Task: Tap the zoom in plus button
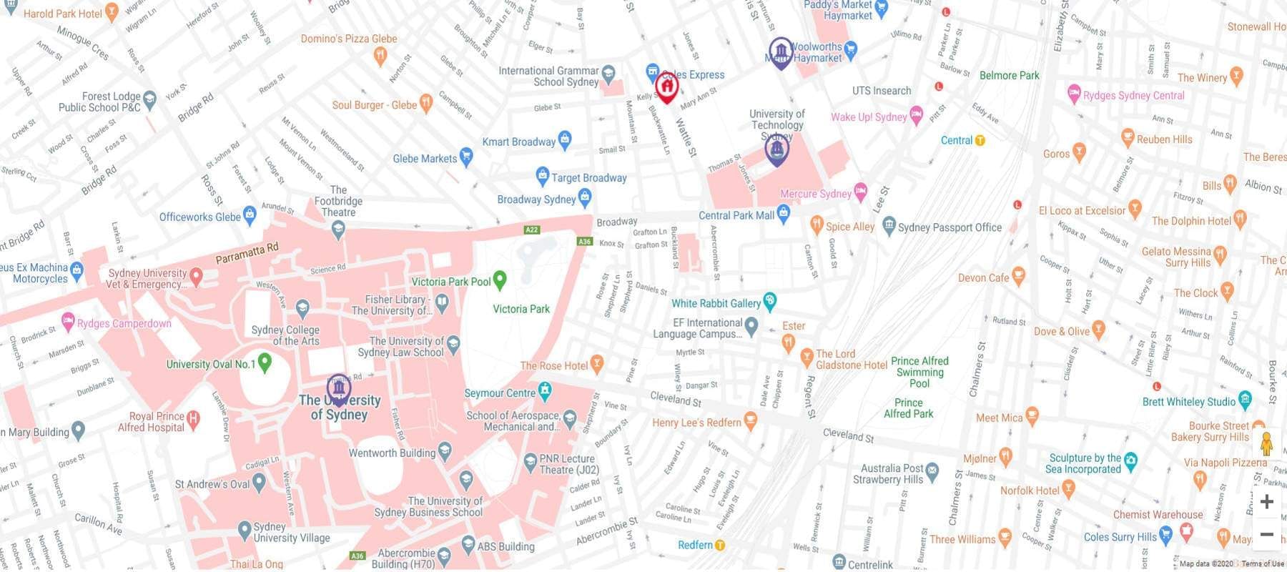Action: coord(1266,502)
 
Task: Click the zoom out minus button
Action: coord(1266,534)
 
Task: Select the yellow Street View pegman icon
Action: coord(1266,444)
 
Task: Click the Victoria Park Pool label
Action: coord(450,282)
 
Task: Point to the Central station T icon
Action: coord(980,141)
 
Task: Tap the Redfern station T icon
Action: coord(720,546)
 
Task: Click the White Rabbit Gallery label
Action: coord(716,303)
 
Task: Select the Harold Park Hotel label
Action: coord(63,14)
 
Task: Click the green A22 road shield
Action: coord(531,230)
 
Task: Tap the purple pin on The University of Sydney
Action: coord(338,388)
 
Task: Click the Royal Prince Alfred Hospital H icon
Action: coord(192,417)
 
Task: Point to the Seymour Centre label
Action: coord(500,393)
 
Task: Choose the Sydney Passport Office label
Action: coord(950,227)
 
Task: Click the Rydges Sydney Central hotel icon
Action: coord(1073,93)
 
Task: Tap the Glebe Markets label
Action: coord(425,159)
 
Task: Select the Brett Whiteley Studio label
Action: coord(1188,402)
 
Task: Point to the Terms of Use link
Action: coord(1263,564)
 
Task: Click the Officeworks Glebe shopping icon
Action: coord(250,213)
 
